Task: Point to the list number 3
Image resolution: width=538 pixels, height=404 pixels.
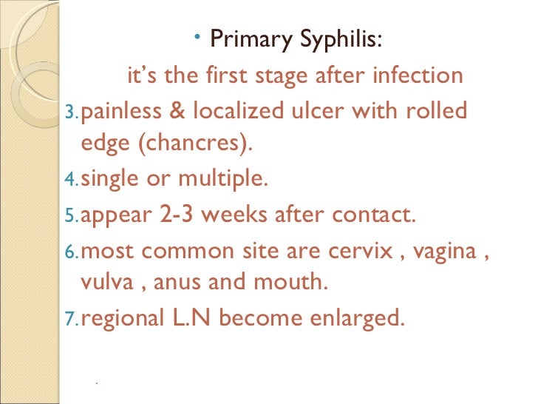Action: (71, 113)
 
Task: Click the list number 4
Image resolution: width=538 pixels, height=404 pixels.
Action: (71, 179)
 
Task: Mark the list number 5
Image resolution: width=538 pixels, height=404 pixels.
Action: (71, 216)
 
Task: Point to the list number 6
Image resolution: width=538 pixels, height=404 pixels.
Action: (71, 252)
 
